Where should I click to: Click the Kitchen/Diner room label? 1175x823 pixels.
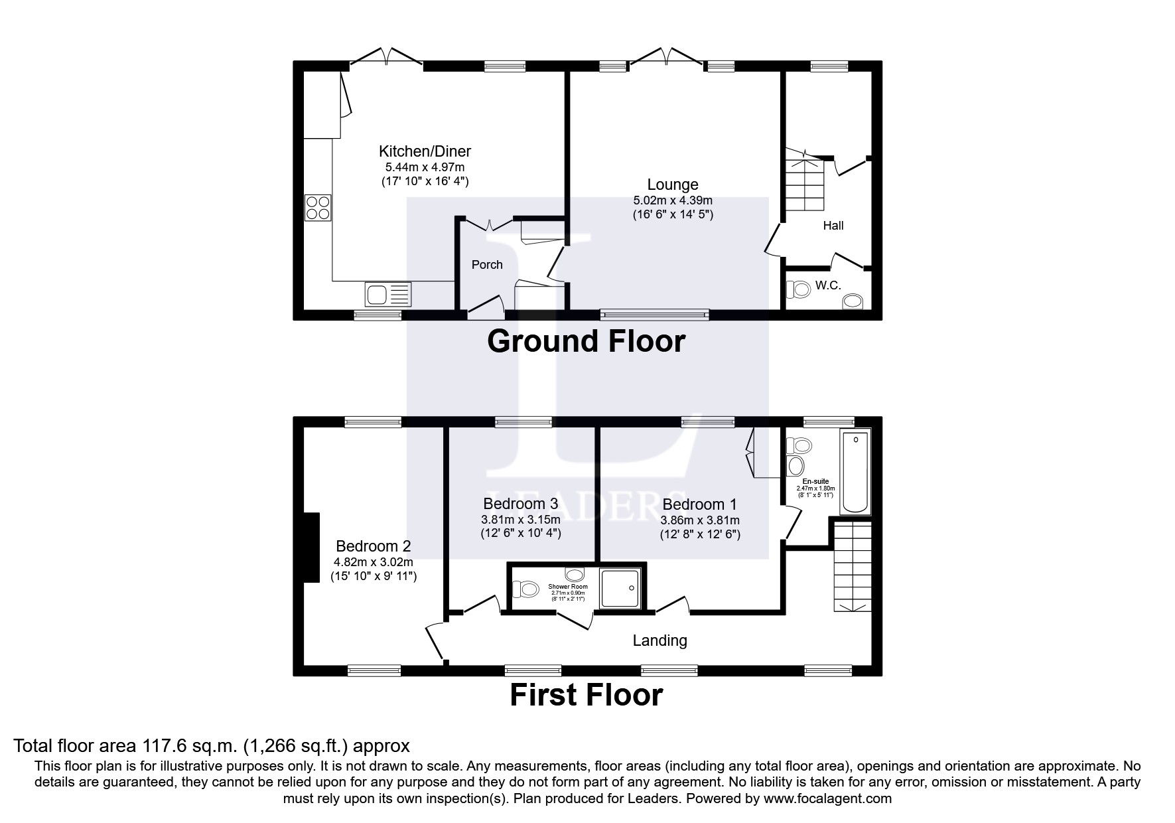pyautogui.click(x=425, y=151)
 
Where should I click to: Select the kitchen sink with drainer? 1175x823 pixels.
pyautogui.click(x=388, y=293)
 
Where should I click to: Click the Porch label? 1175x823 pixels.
pyautogui.click(x=487, y=265)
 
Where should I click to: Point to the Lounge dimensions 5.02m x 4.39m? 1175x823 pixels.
pyautogui.click(x=673, y=200)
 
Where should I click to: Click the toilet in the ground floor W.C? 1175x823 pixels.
pyautogui.click(x=799, y=289)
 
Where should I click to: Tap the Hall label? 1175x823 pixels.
pyautogui.click(x=833, y=226)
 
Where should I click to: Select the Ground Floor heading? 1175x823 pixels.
pyautogui.click(x=586, y=341)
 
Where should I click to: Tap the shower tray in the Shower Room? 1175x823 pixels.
pyautogui.click(x=621, y=588)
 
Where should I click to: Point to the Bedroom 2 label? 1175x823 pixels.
pyautogui.click(x=373, y=546)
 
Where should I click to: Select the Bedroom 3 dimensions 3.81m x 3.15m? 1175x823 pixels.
pyautogui.click(x=521, y=520)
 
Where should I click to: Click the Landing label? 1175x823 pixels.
pyautogui.click(x=659, y=640)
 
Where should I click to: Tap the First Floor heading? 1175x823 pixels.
pyautogui.click(x=586, y=695)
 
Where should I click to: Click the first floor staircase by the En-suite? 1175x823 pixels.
pyautogui.click(x=853, y=566)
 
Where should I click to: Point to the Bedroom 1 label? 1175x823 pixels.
pyautogui.click(x=699, y=504)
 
